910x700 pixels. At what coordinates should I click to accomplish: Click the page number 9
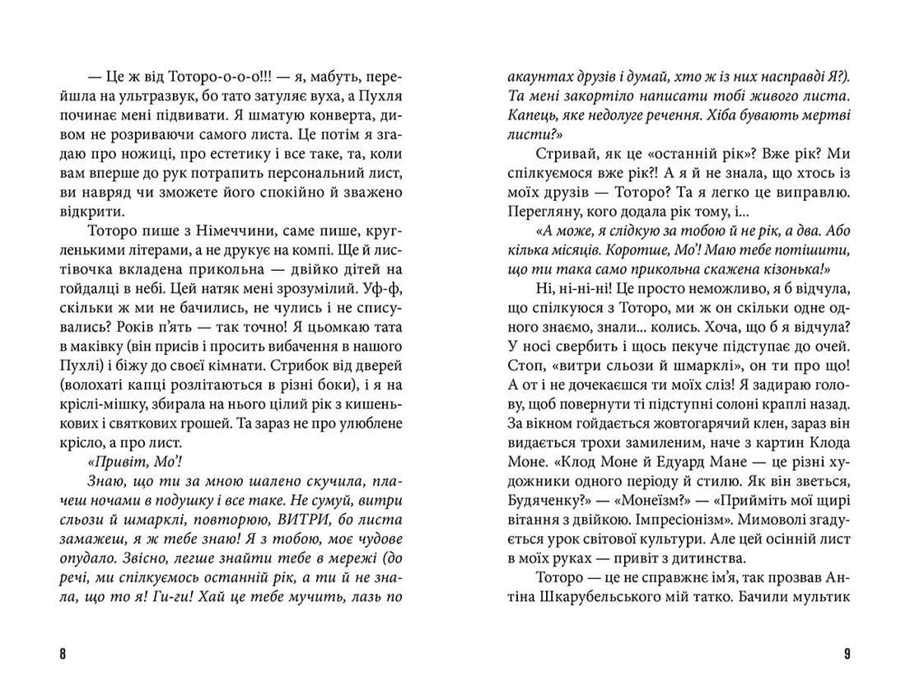[x=847, y=655]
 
